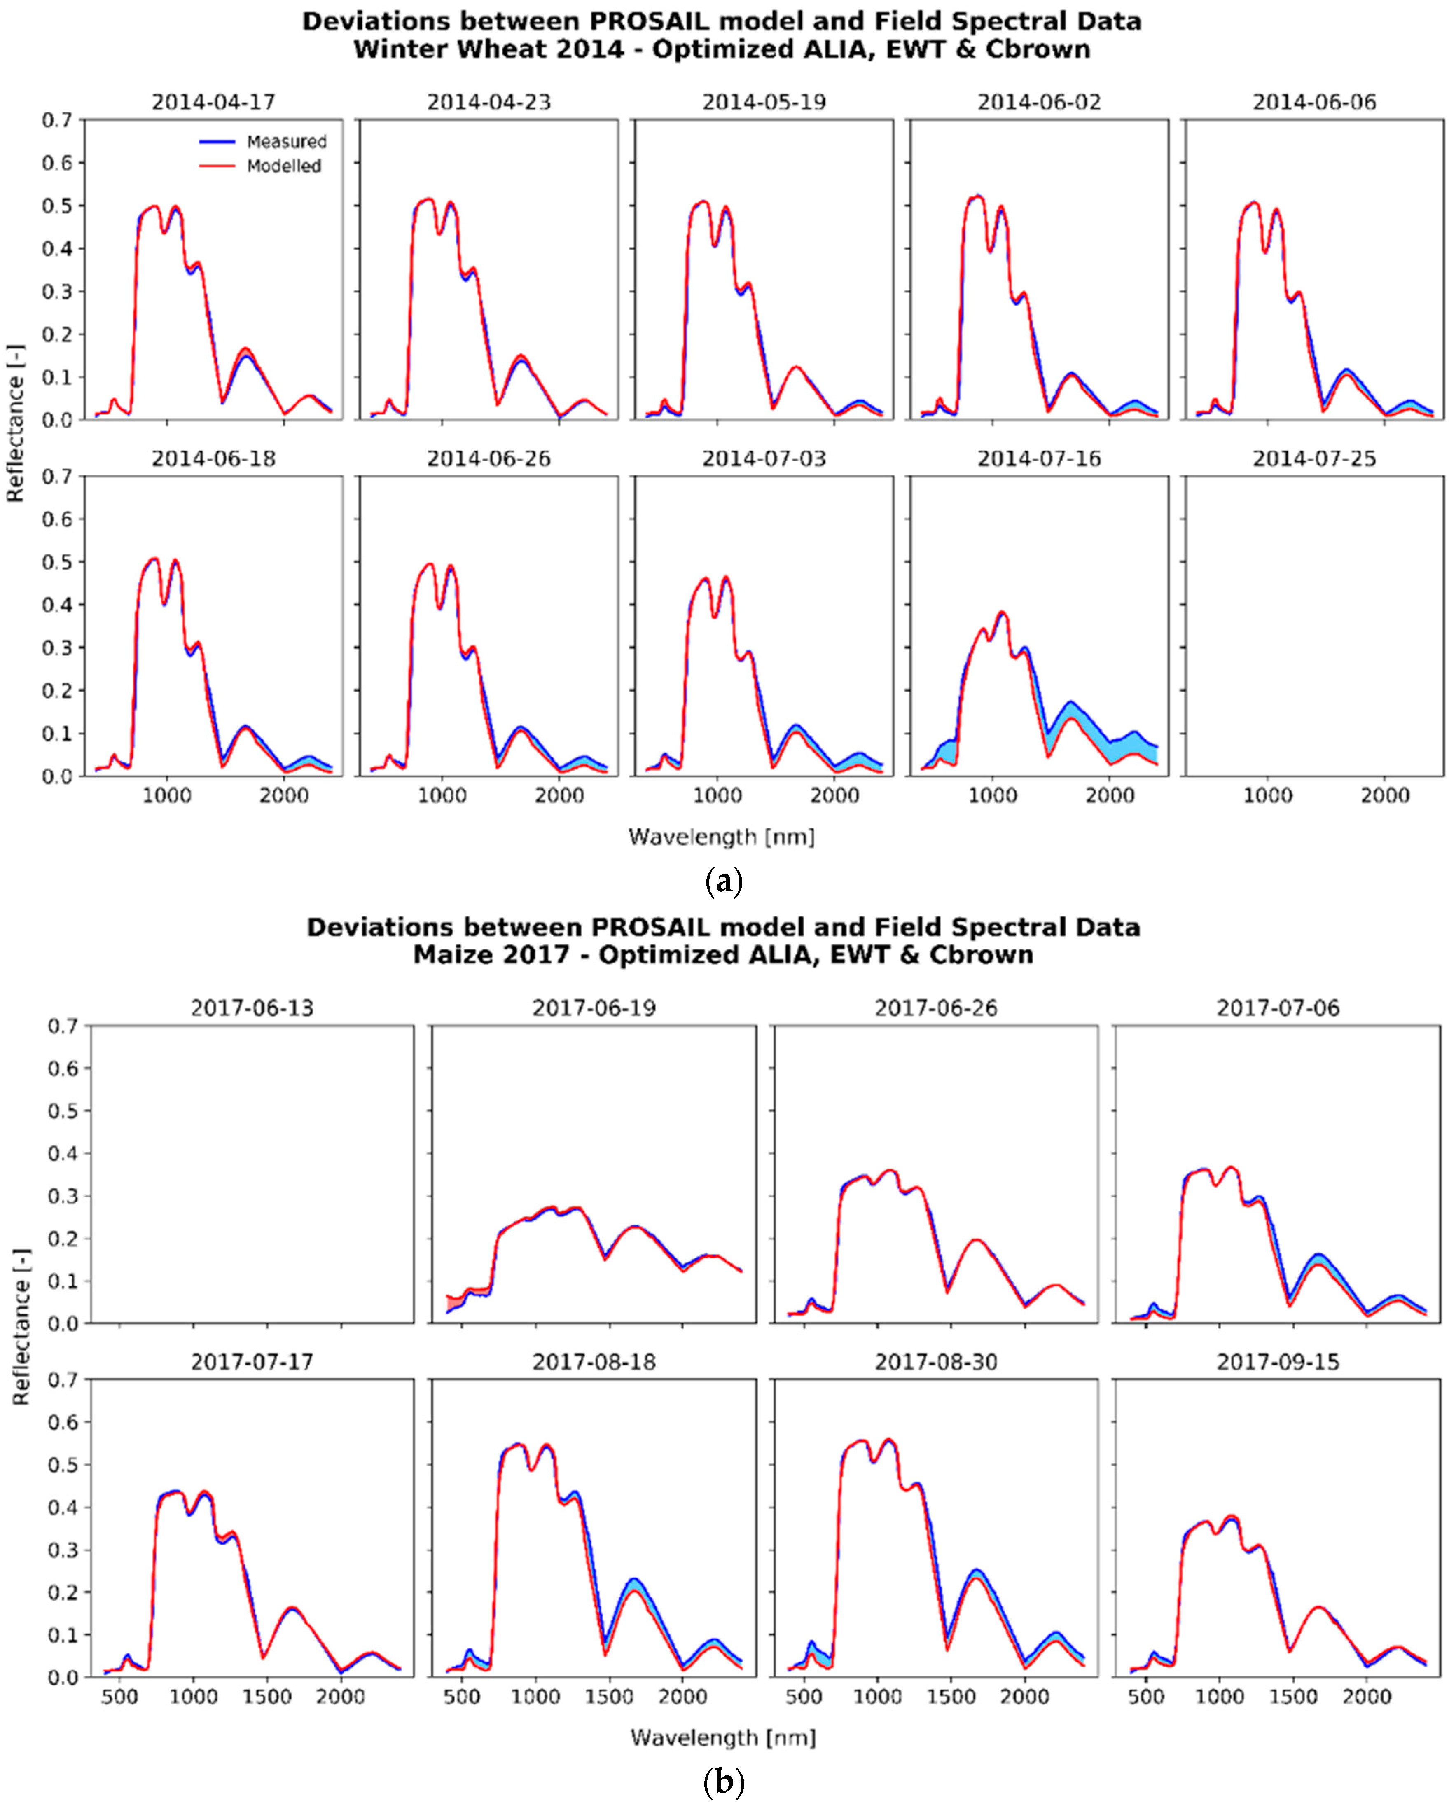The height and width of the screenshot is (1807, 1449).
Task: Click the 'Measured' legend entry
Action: click(286, 142)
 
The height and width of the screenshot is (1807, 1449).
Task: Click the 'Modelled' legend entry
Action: click(283, 166)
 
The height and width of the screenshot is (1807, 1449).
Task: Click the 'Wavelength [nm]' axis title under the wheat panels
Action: click(722, 837)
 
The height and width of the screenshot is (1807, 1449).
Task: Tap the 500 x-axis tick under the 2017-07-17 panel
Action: click(120, 1697)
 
